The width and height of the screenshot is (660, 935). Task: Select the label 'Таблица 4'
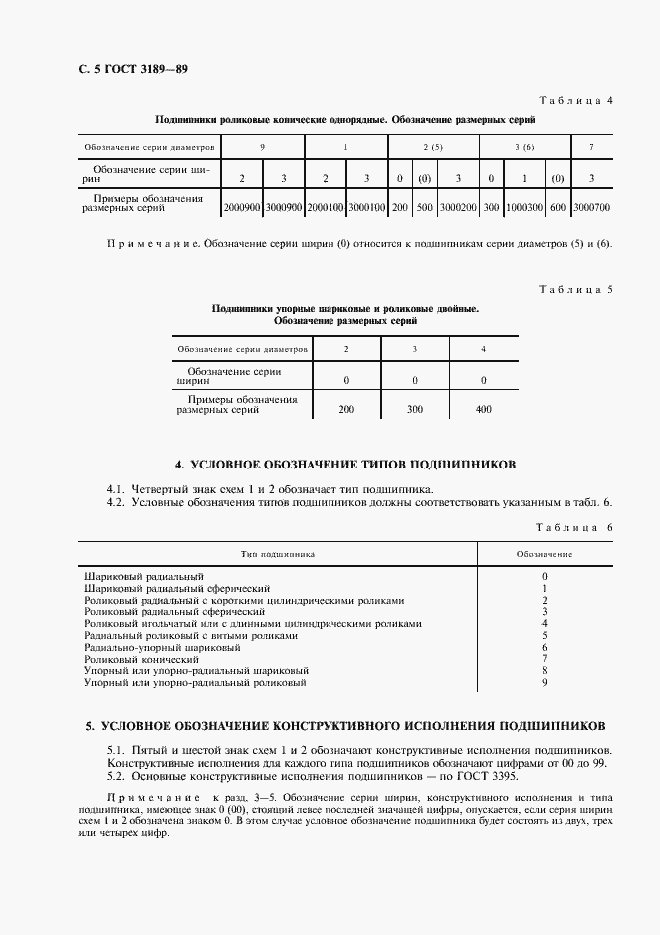coord(576,101)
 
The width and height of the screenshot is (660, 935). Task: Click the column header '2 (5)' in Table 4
coord(433,147)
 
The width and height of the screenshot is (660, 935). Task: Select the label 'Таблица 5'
coord(576,290)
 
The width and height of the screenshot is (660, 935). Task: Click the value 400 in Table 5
coord(483,409)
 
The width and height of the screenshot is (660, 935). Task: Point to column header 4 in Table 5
coord(483,349)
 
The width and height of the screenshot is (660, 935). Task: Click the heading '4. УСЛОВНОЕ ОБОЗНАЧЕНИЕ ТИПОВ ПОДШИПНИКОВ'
coord(344,465)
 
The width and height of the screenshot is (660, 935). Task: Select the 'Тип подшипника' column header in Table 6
coord(278,552)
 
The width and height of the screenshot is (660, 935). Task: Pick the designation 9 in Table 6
coord(544,683)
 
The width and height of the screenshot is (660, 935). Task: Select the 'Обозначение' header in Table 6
coord(544,552)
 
